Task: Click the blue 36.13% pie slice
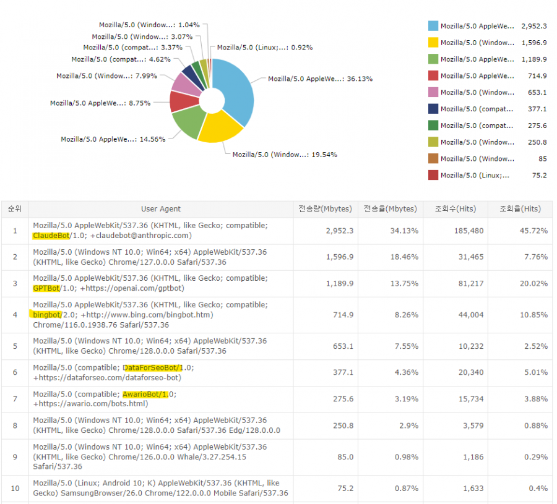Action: (238, 93)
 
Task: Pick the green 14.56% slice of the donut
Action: (189, 122)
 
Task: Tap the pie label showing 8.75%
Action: (100, 103)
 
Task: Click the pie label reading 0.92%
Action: (264, 48)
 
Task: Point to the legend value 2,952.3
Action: (534, 26)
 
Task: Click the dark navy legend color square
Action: (433, 109)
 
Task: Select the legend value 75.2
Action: (539, 175)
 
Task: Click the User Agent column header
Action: (161, 209)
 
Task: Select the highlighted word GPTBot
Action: (46, 288)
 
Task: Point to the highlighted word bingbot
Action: (46, 314)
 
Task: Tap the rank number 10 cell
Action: (15, 488)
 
